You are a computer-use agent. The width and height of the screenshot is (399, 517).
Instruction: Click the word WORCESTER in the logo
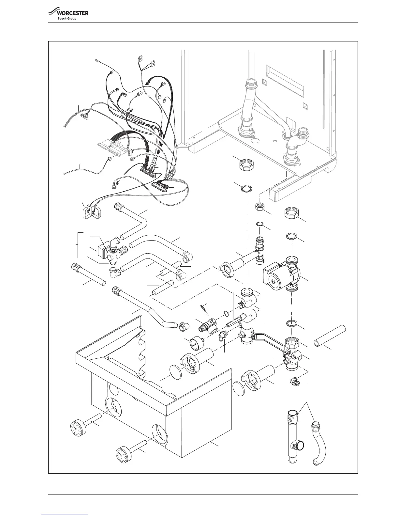click(73, 13)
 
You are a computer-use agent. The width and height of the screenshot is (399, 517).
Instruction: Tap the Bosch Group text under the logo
click(67, 18)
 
